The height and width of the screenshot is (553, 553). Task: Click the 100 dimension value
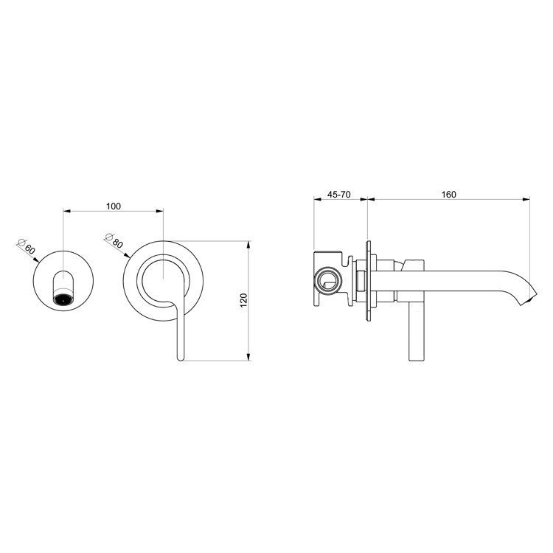[x=113, y=206]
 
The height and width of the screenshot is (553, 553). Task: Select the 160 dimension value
[x=449, y=195]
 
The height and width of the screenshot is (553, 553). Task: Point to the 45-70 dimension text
[x=339, y=195]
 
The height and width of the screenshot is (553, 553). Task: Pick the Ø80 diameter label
[x=114, y=240]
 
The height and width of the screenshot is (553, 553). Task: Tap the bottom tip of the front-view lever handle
[x=179, y=358]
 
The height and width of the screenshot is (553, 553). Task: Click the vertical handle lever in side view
[x=414, y=332]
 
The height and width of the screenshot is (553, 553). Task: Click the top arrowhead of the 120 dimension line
[x=249, y=241]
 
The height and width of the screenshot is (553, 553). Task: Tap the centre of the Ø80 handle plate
[x=164, y=282]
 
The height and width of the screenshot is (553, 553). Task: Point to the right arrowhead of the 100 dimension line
[x=161, y=212]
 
